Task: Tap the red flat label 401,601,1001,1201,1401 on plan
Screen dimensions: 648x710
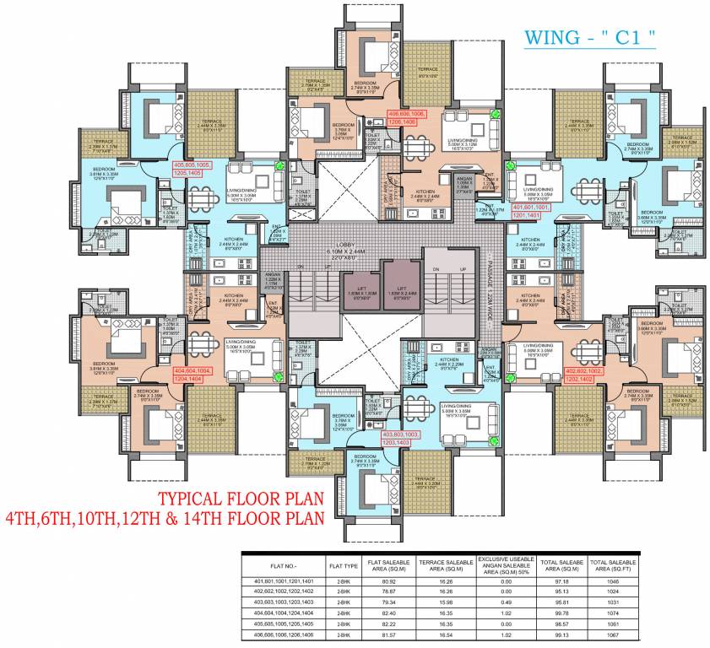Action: [x=532, y=210]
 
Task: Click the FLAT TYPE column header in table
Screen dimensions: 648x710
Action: [x=344, y=564]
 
